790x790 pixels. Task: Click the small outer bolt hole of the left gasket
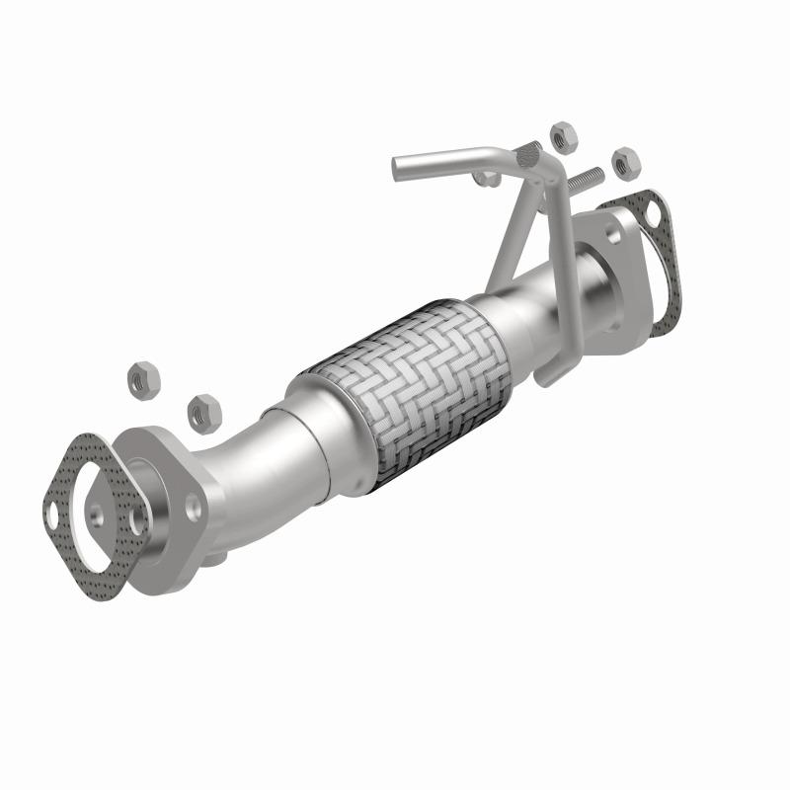point(51,511)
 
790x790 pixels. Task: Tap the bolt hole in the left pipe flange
point(194,506)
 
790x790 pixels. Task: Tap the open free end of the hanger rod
point(397,168)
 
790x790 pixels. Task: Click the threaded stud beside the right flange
point(583,181)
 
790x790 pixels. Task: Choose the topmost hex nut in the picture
point(563,135)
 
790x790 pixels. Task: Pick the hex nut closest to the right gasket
point(625,162)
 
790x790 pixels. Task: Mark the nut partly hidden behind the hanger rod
point(485,178)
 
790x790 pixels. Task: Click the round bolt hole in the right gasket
point(653,210)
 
